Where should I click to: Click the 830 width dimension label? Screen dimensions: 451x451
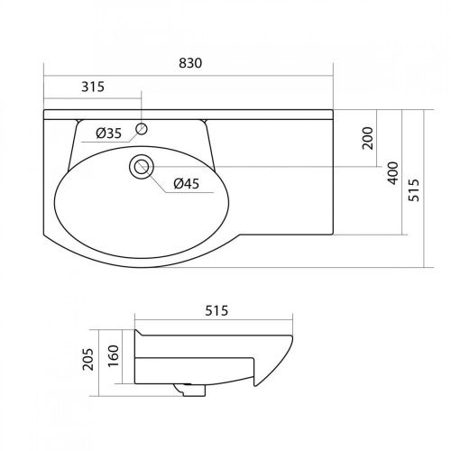coord(190,63)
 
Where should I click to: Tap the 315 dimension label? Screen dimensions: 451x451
coord(93,87)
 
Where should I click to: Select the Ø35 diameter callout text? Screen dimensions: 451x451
coord(108,133)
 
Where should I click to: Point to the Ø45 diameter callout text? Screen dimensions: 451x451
coord(187,183)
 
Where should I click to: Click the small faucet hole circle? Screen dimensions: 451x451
coord(142,129)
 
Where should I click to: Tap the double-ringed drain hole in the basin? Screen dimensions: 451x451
coord(142,167)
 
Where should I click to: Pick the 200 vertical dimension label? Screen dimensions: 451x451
coord(368,138)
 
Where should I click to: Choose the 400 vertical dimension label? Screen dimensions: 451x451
coord(392,173)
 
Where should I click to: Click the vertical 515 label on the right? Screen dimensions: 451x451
coord(414,190)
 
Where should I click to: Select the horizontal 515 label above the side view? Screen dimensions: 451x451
coord(216,310)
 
